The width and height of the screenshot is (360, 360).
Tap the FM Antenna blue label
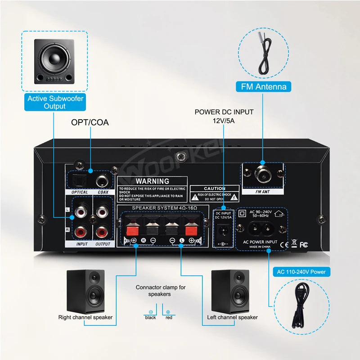(263, 86)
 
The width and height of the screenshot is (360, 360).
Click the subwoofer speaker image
(54, 61)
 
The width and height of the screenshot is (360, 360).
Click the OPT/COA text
(90, 122)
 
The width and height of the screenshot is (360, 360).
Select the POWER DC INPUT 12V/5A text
(224, 116)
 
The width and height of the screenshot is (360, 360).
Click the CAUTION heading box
(214, 189)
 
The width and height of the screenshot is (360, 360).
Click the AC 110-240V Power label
(301, 272)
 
